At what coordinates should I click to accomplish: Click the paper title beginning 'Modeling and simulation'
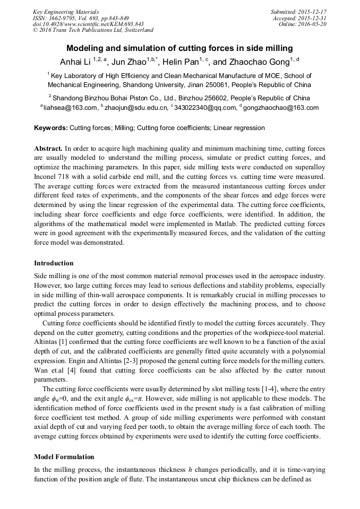[179, 48]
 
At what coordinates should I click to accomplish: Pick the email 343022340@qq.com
[205, 108]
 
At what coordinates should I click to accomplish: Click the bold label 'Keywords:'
[51, 128]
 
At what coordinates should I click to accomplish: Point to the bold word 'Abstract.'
[48, 149]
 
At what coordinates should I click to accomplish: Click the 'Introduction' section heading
[54, 263]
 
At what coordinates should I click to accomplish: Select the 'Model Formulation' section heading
[64, 456]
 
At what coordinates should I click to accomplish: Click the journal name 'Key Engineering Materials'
[66, 12]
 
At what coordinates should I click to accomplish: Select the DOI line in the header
[88, 24]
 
